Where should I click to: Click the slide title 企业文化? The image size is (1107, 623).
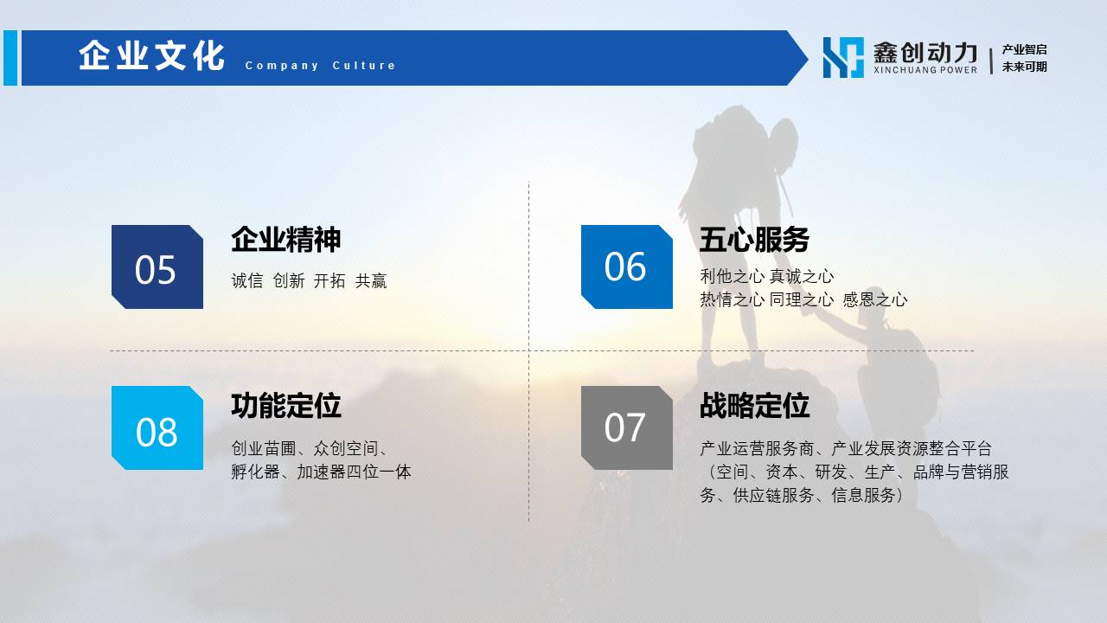click(x=151, y=55)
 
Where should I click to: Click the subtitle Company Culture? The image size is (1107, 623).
click(x=320, y=65)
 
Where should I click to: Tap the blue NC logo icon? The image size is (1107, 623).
click(x=843, y=57)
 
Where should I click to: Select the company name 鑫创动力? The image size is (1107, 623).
click(x=925, y=53)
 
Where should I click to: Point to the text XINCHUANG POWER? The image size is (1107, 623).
click(x=925, y=70)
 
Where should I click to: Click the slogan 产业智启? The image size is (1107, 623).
click(x=1024, y=49)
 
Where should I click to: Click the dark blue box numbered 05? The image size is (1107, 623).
click(x=157, y=267)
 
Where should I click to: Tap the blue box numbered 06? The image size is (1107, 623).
click(x=627, y=267)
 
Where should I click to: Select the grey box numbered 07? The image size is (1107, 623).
click(x=627, y=427)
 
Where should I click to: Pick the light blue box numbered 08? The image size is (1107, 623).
click(x=157, y=427)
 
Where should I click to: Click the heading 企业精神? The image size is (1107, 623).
click(x=286, y=240)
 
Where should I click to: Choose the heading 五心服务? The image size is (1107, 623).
click(x=754, y=240)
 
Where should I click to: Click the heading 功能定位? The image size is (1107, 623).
click(x=286, y=406)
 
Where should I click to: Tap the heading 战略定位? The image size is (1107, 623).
click(x=754, y=406)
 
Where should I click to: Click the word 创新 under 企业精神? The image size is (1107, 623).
click(x=289, y=281)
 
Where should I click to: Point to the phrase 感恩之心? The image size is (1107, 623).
click(x=874, y=299)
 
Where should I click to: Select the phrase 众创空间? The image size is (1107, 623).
click(x=346, y=448)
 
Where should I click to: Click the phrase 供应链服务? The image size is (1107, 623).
click(x=773, y=495)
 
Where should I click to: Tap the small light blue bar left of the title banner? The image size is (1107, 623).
click(x=10, y=58)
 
